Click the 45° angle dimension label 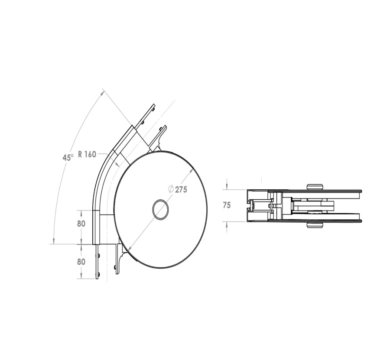68,157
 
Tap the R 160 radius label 87,154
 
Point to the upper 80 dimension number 81,224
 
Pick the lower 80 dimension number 81,262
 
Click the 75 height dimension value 227,205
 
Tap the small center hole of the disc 161,209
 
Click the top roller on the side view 315,187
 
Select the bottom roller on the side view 315,225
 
